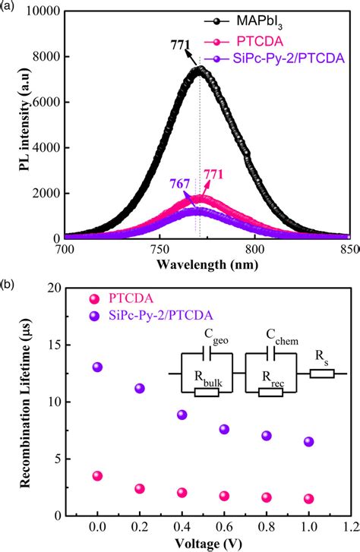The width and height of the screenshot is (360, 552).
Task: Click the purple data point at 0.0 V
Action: click(97, 367)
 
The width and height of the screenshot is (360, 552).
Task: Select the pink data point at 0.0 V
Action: click(97, 476)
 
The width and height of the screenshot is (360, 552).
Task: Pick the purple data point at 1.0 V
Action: click(308, 442)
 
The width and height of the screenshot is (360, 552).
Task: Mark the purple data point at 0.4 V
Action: click(182, 415)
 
